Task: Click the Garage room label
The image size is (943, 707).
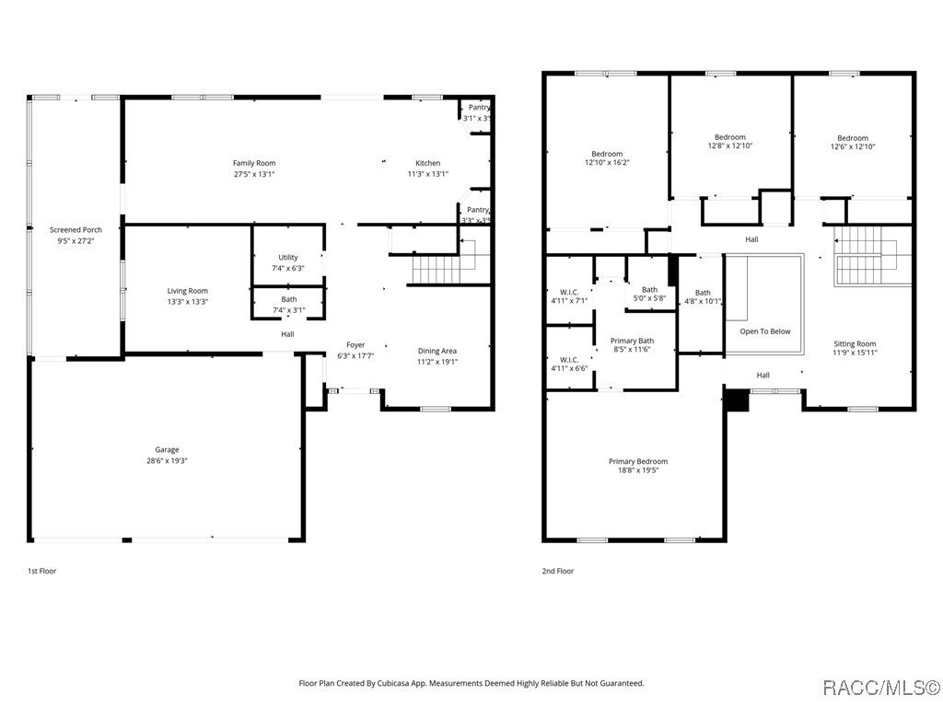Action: (167, 450)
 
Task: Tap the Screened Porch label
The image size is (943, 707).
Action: (76, 229)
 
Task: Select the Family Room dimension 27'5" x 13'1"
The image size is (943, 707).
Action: (254, 174)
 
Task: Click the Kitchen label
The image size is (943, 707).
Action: (427, 163)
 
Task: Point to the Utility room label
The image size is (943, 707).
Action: (288, 257)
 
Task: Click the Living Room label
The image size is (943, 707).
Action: (187, 291)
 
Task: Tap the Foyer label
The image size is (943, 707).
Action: (355, 345)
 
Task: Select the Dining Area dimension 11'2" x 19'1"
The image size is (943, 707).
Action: (437, 362)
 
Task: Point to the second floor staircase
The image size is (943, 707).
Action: (864, 255)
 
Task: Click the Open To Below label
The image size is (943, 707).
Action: (765, 331)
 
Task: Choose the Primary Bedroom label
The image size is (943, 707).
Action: (637, 461)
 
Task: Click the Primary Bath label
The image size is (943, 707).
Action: (633, 341)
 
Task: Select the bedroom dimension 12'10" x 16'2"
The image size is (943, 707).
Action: (607, 163)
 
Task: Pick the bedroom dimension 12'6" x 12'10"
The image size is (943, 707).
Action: (852, 146)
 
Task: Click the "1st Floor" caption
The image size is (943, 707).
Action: (41, 571)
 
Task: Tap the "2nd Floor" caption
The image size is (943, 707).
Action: (557, 571)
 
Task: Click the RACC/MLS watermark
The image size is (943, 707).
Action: (881, 688)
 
